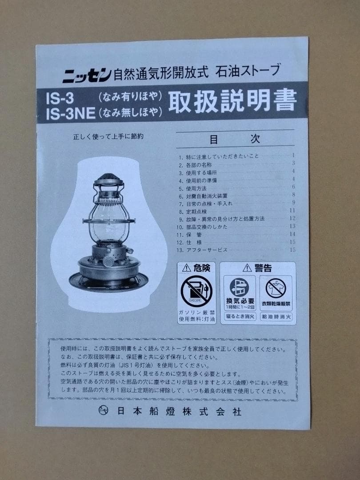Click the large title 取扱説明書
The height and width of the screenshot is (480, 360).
coord(232,101)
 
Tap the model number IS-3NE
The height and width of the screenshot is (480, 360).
coord(70,114)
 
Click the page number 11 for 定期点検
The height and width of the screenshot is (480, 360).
coord(292,211)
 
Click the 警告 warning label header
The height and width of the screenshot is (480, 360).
coord(257,268)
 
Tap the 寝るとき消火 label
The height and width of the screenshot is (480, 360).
coord(240,316)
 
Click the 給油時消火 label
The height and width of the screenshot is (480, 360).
coord(276,316)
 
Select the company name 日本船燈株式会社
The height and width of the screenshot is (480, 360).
coord(176,412)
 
